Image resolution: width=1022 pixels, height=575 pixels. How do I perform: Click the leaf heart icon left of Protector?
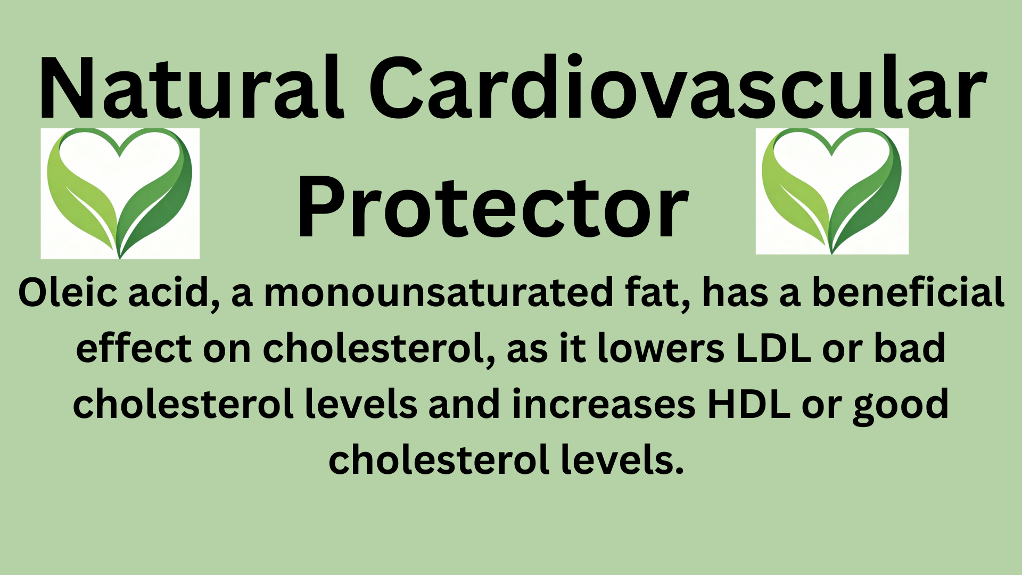coord(120,193)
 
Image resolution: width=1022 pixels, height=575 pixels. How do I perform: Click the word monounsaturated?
coord(439,292)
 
